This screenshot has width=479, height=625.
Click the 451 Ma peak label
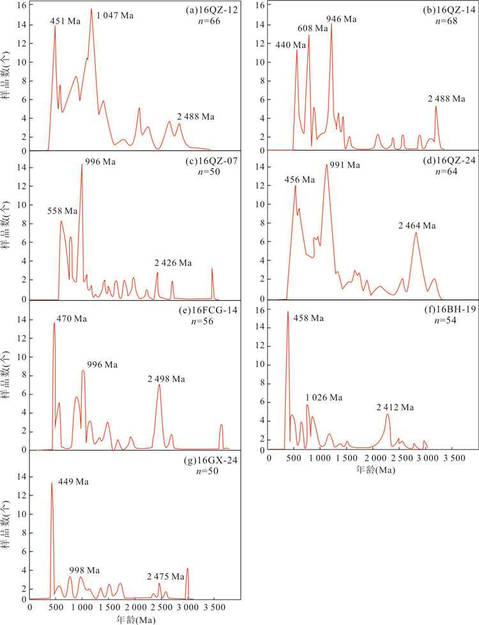[66, 22]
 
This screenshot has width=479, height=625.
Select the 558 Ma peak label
[63, 211]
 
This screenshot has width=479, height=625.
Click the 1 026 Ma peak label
[324, 397]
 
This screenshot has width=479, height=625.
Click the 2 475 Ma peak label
[167, 575]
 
